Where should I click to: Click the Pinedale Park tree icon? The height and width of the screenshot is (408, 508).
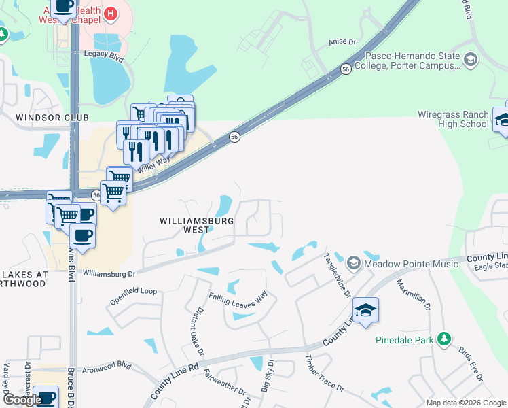444,339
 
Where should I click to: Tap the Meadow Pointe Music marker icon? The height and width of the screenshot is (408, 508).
353,262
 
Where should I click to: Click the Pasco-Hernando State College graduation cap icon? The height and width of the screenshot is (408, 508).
470,61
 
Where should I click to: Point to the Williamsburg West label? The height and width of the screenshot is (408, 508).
197,225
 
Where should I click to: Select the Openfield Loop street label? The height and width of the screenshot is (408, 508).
133,291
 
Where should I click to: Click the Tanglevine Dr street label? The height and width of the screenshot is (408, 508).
337,275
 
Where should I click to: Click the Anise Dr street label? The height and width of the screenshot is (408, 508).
343,41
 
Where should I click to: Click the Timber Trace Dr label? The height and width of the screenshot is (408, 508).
325,373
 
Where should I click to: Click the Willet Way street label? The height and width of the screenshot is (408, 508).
155,164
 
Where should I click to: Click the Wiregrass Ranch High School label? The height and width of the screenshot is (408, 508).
452,120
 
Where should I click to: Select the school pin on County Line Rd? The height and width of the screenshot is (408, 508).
365,311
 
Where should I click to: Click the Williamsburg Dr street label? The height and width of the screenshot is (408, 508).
109,273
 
